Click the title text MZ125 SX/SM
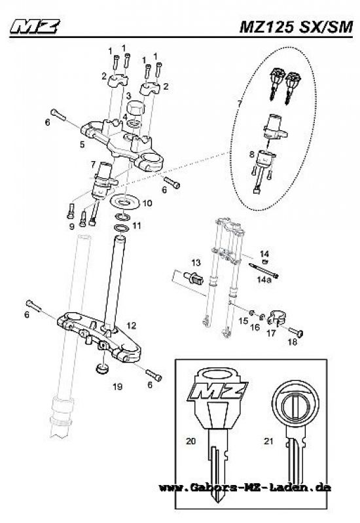tap(297, 27)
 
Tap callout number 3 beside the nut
tap(129, 96)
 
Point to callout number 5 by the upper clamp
tap(82, 143)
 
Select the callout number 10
tap(147, 204)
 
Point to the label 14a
tap(264, 279)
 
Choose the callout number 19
tap(117, 387)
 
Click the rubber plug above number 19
tap(102, 370)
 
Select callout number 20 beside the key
tap(191, 442)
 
